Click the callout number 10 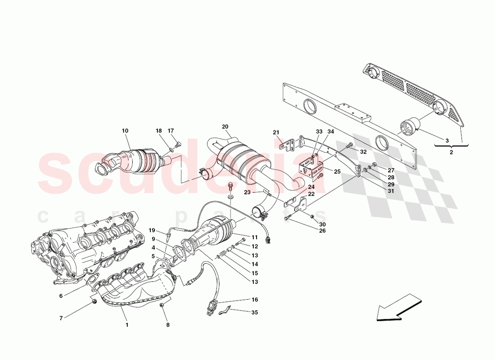[125, 131]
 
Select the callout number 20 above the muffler [225, 126]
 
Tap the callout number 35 [254, 312]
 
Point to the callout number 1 [127, 324]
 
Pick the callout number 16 [254, 299]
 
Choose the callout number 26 [322, 231]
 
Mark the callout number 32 [363, 152]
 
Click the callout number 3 [447, 141]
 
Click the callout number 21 [276, 132]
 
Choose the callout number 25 [337, 171]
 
